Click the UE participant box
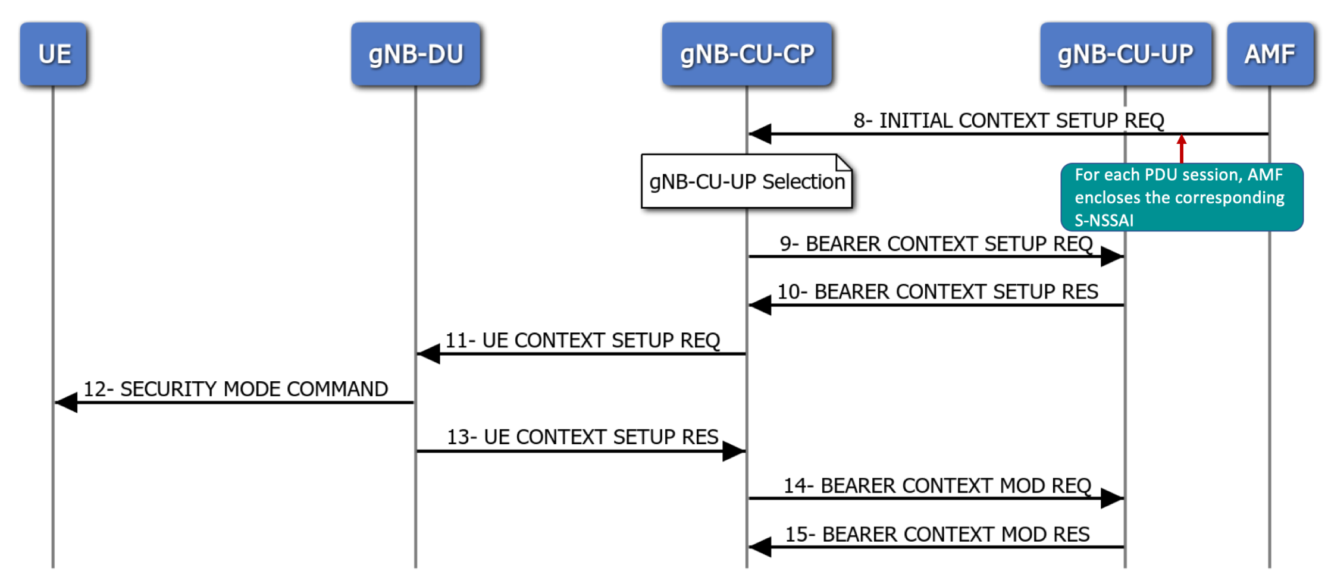54,54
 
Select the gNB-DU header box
416,54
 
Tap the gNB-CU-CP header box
747,54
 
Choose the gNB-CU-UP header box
1126,54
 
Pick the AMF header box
1270,54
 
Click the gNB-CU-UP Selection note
747,181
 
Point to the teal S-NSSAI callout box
1182,197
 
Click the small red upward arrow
1182,149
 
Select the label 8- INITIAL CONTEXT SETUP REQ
1008,121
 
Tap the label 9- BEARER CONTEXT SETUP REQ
936,244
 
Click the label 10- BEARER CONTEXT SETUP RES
938,292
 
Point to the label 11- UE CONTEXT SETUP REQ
582,341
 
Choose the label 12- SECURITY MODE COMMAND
236,389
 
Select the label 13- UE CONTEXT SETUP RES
582,437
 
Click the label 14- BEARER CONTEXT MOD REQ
937,486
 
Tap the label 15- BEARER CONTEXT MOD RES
937,535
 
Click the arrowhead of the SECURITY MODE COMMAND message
66,403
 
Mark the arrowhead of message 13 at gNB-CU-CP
734,451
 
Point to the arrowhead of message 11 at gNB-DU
428,354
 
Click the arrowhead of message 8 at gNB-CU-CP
760,134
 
